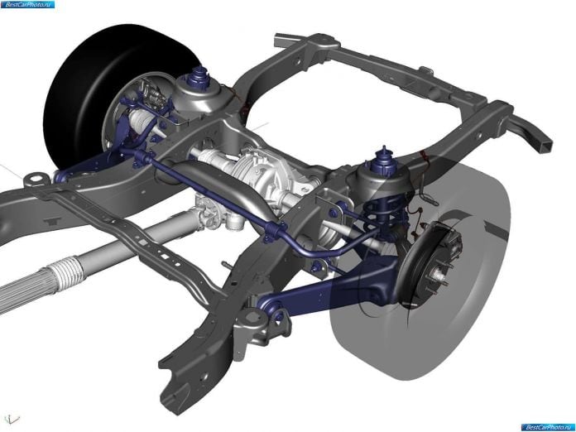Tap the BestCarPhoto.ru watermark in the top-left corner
[27, 4]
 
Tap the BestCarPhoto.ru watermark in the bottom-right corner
[547, 427]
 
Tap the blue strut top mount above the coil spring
[384, 161]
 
